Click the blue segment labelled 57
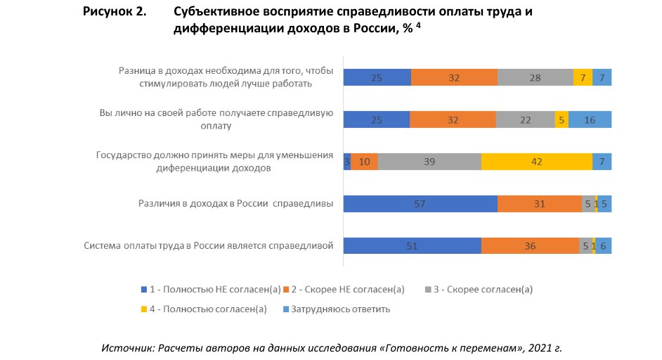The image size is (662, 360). pyautogui.click(x=420, y=204)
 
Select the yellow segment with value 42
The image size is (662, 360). pyautogui.click(x=537, y=162)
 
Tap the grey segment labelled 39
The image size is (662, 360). pyautogui.click(x=429, y=162)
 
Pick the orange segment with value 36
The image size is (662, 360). pyautogui.click(x=530, y=246)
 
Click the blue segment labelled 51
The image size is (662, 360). pyautogui.click(x=412, y=246)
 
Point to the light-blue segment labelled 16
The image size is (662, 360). pyautogui.click(x=590, y=120)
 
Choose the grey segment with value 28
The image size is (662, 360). pyautogui.click(x=535, y=77)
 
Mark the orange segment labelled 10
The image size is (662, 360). pyautogui.click(x=364, y=162)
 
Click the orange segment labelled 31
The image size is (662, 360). pyautogui.click(x=539, y=204)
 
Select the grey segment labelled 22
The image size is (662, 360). pyautogui.click(x=525, y=120)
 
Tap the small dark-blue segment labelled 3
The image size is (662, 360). pyautogui.click(x=346, y=162)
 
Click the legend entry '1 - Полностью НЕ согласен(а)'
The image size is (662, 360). pyautogui.click(x=211, y=289)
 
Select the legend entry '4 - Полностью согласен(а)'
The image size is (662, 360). pyautogui.click(x=208, y=309)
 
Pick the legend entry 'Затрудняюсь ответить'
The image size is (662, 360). pyautogui.click(x=336, y=309)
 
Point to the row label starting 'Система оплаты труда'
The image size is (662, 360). pyautogui.click(x=208, y=246)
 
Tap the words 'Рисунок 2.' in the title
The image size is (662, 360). pyautogui.click(x=115, y=13)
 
